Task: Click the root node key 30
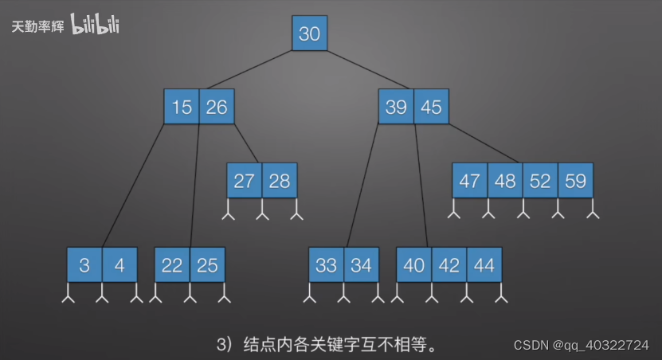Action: coord(309,33)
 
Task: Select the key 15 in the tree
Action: coord(182,107)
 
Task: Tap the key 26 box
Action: coord(217,107)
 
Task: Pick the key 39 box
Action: coord(396,107)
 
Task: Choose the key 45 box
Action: coord(431,107)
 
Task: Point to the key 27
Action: coord(244,181)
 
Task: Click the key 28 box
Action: coord(279,181)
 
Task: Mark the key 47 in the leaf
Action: coord(470,181)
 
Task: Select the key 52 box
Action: coord(540,181)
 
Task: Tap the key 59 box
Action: coord(575,181)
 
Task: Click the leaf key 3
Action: coord(84,265)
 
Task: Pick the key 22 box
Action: coord(172,265)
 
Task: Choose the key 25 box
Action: coord(207,265)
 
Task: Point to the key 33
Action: coord(327,265)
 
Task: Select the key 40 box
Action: coord(414,265)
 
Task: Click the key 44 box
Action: coord(484,265)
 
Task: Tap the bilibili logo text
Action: coord(96,25)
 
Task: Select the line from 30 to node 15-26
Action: coord(247,70)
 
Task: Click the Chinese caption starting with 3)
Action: coord(327,344)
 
